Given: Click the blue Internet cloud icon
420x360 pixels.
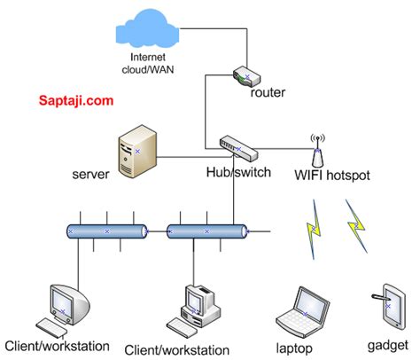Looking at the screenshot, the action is pyautogui.click(x=147, y=28).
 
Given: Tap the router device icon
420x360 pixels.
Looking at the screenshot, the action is pyautogui.click(x=246, y=76).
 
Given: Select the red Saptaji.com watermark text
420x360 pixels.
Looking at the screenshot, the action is pyautogui.click(x=76, y=100).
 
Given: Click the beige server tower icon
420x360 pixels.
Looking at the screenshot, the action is pyautogui.click(x=137, y=152).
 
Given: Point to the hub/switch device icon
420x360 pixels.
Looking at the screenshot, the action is pyautogui.click(x=238, y=149).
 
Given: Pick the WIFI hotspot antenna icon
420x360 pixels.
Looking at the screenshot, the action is pyautogui.click(x=317, y=151).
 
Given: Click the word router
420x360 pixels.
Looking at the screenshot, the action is pyautogui.click(x=268, y=92).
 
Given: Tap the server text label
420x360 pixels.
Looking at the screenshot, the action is pyautogui.click(x=90, y=174).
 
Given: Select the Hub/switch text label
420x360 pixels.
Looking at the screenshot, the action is pyautogui.click(x=238, y=172).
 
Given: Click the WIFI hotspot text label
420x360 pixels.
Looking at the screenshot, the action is pyautogui.click(x=332, y=175).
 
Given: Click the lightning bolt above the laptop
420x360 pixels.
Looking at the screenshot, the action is pyautogui.click(x=314, y=230).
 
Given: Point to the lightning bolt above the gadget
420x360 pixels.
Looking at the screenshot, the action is pyautogui.click(x=356, y=226).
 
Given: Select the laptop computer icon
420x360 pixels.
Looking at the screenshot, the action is pyautogui.click(x=303, y=313).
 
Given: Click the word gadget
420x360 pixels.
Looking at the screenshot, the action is pyautogui.click(x=388, y=346).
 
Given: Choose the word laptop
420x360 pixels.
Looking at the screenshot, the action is pyautogui.click(x=294, y=348).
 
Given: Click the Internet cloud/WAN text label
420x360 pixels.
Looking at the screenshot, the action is pyautogui.click(x=148, y=63).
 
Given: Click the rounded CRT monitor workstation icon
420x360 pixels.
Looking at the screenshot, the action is pyautogui.click(x=63, y=311).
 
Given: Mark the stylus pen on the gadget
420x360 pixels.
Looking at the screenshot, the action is pyautogui.click(x=380, y=297).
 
